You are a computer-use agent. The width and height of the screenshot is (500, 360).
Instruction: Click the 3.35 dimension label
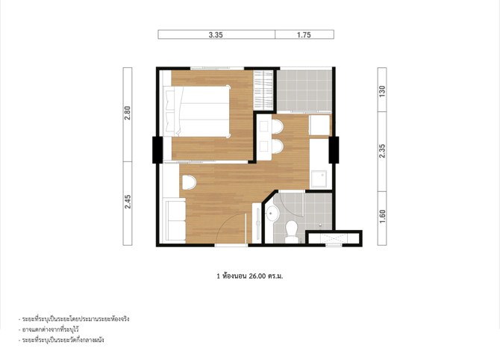216,35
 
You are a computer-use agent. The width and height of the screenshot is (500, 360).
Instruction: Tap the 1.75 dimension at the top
304,35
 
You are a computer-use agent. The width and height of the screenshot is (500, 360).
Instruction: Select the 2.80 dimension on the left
128,113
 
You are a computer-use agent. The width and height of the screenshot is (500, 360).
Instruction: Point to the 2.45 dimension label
128,202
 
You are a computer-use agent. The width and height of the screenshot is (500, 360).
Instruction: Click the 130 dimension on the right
382,91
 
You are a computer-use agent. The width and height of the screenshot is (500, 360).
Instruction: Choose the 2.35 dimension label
382,151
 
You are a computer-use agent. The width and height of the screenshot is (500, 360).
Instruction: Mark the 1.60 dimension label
382,217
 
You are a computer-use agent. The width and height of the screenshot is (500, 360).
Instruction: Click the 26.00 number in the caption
257,276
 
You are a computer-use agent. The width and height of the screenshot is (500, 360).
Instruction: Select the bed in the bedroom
197,111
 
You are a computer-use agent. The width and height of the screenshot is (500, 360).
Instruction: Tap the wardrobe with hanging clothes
263,90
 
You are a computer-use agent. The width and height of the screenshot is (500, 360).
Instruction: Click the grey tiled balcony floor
304,90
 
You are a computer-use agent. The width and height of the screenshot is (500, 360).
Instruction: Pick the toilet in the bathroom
292,232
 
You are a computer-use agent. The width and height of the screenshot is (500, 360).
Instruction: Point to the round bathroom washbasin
272,213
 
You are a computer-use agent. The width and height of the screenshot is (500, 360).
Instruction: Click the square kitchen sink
319,179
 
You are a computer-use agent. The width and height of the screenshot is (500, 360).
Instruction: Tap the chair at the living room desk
189,182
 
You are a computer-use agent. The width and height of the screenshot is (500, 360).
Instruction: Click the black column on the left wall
157,149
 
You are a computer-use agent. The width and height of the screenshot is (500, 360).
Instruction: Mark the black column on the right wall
334,149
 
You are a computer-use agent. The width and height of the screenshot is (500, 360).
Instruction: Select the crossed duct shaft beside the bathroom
334,238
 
